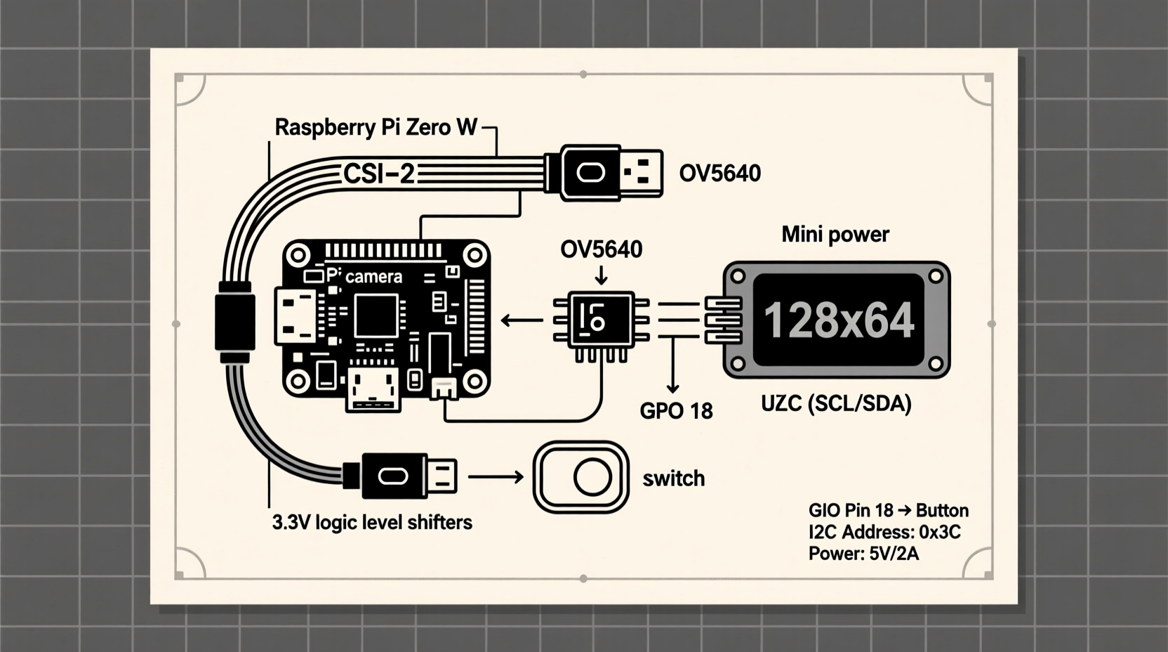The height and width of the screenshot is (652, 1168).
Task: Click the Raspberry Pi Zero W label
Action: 376,127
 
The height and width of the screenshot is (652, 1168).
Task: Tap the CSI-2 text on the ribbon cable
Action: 379,174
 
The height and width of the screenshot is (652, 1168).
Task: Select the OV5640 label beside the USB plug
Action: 719,174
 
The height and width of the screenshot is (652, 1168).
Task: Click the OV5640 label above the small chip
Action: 601,249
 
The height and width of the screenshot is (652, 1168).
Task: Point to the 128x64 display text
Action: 838,320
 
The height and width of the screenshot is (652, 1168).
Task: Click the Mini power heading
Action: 835,234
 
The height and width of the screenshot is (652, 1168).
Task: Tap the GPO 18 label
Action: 676,411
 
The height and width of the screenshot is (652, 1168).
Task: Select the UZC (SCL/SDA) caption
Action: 836,403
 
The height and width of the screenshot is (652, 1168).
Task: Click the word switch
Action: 673,478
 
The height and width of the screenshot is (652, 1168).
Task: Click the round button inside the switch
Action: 592,478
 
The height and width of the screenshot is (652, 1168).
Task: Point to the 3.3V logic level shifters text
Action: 372,523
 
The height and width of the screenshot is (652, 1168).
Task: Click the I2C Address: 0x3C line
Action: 884,532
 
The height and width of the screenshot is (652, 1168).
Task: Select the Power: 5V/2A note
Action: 863,554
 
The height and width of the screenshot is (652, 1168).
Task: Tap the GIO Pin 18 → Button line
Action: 888,510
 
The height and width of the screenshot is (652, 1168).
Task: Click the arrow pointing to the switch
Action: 496,477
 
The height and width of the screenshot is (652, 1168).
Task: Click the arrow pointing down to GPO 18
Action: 673,365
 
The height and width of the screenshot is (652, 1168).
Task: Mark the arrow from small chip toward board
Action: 522,321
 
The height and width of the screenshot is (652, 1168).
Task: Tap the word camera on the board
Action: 373,277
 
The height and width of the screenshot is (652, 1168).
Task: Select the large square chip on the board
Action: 376,316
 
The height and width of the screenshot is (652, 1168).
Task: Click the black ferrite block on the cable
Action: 234,322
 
